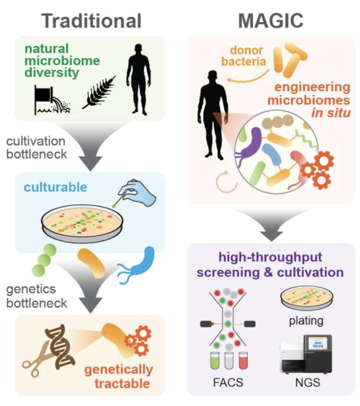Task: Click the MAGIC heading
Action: point(270,20)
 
